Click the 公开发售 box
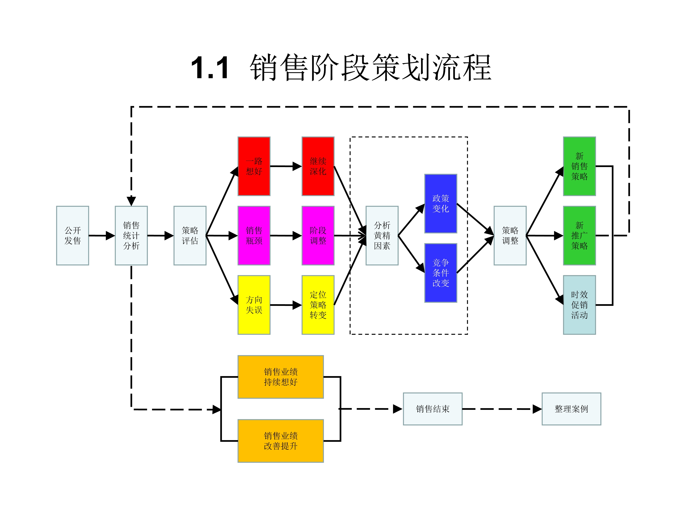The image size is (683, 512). (73, 236)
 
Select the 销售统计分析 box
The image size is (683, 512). (131, 236)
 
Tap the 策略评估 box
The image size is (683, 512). (190, 236)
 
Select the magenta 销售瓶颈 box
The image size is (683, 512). (254, 236)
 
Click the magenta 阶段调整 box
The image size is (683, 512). (318, 236)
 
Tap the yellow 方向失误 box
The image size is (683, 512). (254, 305)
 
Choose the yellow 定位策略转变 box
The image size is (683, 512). (318, 305)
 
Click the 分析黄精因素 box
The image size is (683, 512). (382, 236)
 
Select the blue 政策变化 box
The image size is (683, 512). (441, 204)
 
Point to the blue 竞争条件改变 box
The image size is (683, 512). (441, 273)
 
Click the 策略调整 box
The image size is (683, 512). (510, 236)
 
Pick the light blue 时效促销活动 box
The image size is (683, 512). (579, 305)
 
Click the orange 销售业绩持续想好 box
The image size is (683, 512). (280, 377)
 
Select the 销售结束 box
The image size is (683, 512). (433, 409)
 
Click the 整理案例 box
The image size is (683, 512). (571, 409)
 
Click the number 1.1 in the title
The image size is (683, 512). (210, 68)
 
